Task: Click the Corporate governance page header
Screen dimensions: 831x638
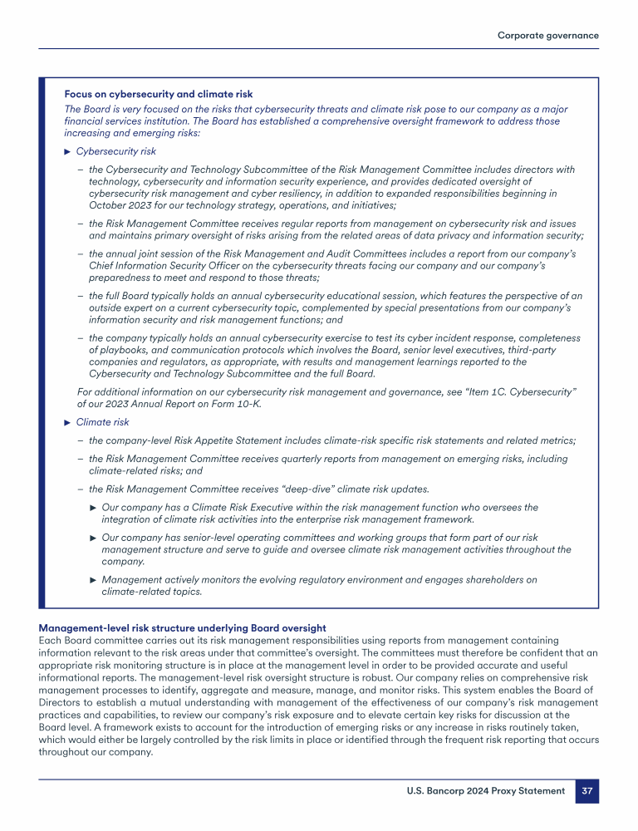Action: [547, 35]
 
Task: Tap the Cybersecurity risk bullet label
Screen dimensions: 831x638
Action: [115, 151]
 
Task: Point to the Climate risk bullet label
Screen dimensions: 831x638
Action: [102, 422]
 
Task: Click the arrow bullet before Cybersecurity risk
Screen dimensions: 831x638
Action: [68, 151]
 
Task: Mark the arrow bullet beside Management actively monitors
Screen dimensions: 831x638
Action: [94, 580]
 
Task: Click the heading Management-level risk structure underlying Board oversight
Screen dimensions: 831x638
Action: [182, 627]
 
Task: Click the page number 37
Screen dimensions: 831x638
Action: [586, 791]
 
